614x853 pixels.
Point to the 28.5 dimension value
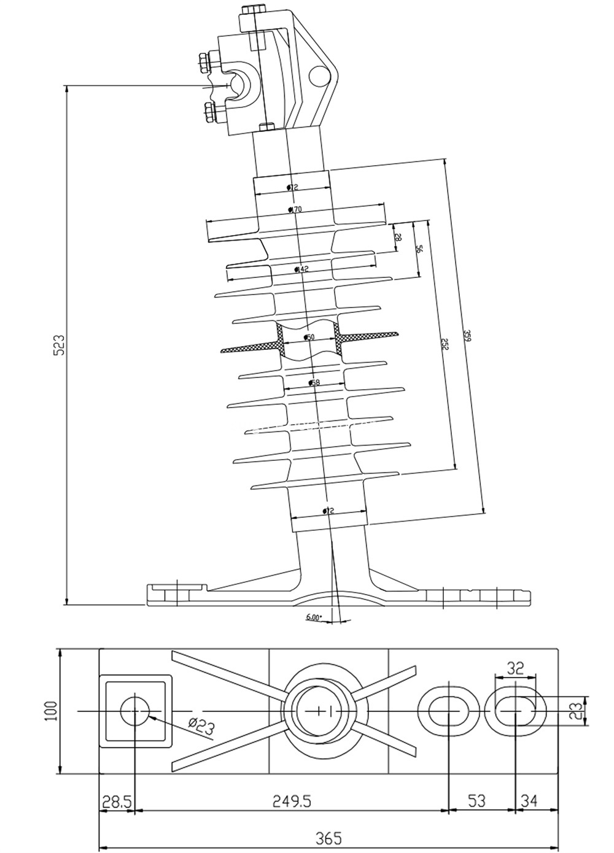pyautogui.click(x=116, y=800)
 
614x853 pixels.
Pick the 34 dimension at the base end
pyautogui.click(x=529, y=800)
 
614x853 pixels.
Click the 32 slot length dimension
pyautogui.click(x=515, y=668)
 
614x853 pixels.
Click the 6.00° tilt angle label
pyautogui.click(x=314, y=617)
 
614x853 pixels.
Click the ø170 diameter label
pyautogui.click(x=295, y=210)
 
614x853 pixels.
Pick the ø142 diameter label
pyautogui.click(x=301, y=269)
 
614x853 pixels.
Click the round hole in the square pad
pyautogui.click(x=135, y=711)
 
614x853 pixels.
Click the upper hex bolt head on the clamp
pyautogui.click(x=205, y=61)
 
